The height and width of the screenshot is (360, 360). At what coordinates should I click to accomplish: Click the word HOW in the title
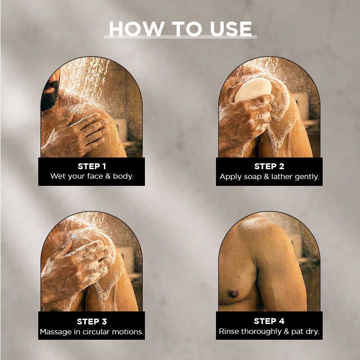[x=136, y=29]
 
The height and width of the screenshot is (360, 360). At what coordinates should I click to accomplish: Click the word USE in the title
[x=231, y=29]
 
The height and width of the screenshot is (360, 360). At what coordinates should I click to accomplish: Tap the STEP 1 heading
[x=92, y=166]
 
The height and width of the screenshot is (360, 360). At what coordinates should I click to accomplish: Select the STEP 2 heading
[x=269, y=166]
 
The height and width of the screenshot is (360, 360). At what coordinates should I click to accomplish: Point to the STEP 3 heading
[x=92, y=321]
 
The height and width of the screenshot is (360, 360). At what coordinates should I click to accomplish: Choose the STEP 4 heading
[x=269, y=321]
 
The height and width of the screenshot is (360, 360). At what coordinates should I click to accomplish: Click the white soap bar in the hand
[x=253, y=90]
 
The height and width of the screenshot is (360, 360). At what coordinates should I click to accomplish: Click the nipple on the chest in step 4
[x=233, y=293]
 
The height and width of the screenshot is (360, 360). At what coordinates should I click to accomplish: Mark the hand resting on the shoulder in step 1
[x=76, y=135]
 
